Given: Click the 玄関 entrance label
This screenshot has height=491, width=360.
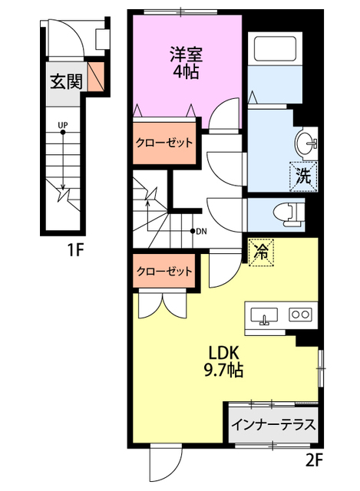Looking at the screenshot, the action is pos(66,81).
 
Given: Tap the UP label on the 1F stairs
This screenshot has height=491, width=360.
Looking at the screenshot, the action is pos(63,125).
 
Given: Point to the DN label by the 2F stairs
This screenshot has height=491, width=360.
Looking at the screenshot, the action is pos(201,232).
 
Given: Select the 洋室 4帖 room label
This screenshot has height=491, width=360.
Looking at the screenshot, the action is pos(187,63).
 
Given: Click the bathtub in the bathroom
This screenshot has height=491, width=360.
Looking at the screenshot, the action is pos(275,48).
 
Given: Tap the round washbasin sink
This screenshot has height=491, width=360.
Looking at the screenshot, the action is pos(306,143).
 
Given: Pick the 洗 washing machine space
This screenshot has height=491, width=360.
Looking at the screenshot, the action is pos(303,176).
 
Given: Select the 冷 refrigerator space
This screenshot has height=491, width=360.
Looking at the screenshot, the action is pos(261,252).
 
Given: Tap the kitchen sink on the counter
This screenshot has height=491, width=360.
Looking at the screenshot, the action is pos(265,315).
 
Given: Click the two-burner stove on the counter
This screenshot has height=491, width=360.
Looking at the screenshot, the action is pos(300,314).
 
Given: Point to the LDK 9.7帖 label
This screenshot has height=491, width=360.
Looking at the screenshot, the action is pos(223,361).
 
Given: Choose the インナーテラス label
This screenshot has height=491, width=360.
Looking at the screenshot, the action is pos(273,425).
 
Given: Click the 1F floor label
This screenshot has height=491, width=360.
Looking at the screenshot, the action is pos(75,250).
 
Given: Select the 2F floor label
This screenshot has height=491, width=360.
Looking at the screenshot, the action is pos(314,460).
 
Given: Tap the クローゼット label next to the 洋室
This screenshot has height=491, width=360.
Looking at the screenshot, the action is pos(163,143).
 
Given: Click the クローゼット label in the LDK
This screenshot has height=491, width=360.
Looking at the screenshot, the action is pos(164,271).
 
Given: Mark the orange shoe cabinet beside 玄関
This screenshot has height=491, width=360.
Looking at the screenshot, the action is pos(95,77).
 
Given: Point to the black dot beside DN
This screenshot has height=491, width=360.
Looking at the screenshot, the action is pos(193,232).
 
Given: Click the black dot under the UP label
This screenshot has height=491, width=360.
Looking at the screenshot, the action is pos(63,132).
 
